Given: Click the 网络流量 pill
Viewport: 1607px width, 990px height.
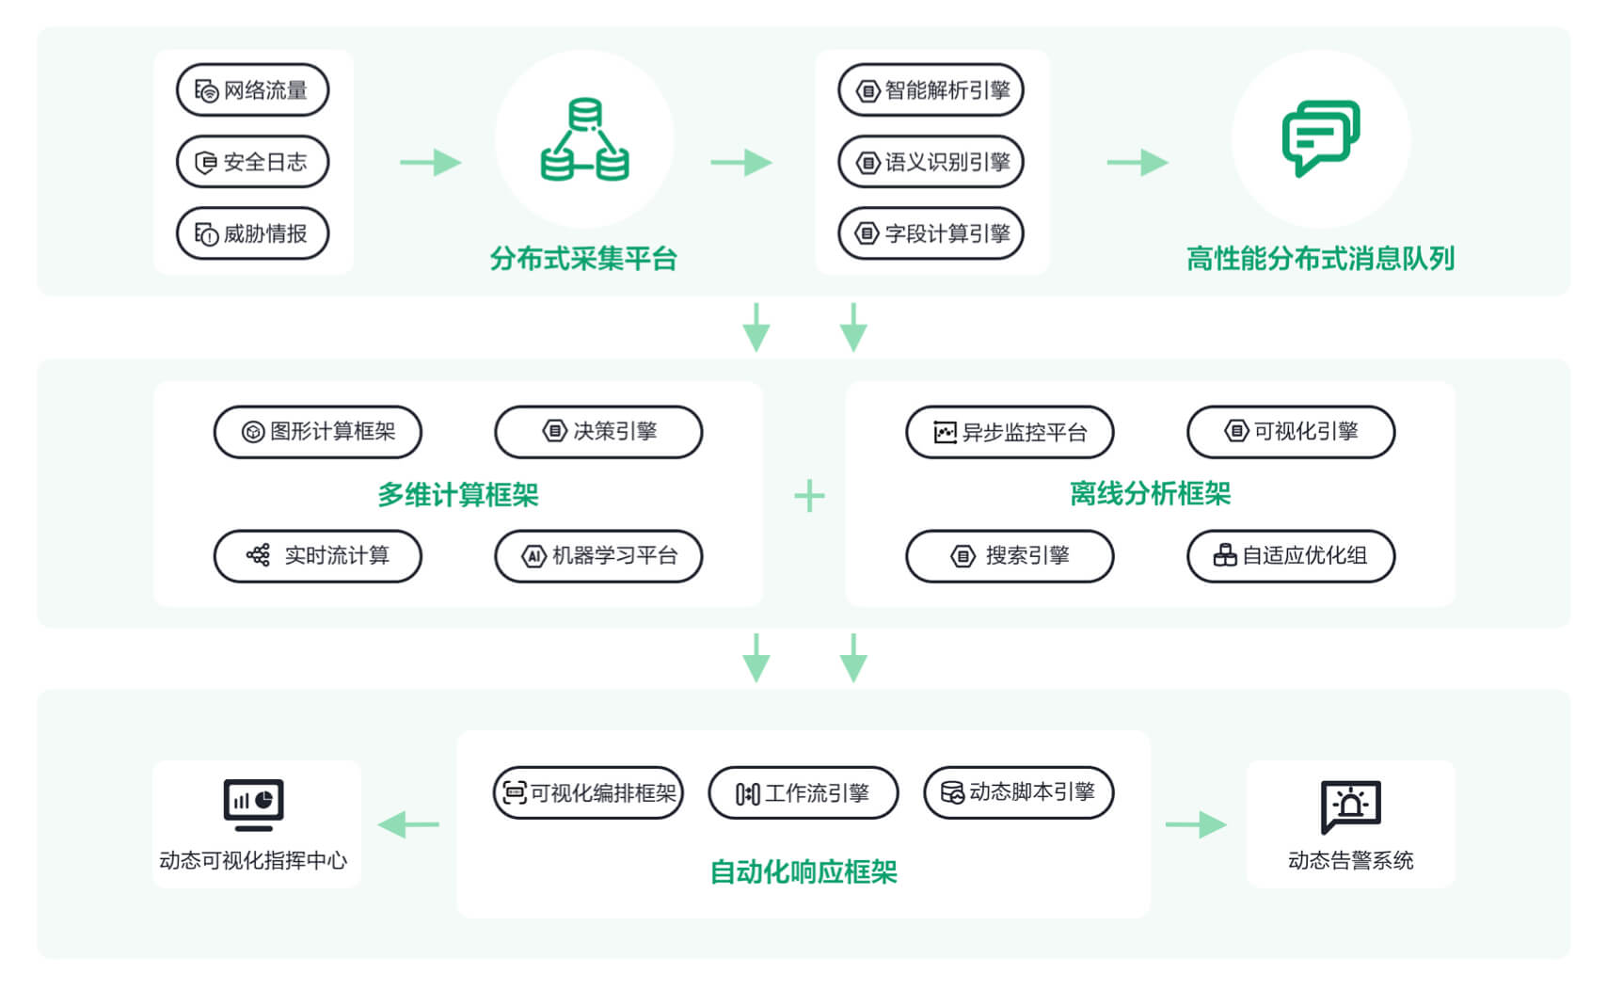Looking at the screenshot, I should tap(252, 90).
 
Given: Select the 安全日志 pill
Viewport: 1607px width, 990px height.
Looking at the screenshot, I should tap(252, 162).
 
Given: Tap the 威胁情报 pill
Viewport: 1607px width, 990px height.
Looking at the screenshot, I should tap(252, 233).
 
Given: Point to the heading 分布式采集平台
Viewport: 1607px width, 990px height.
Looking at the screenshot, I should tap(583, 259).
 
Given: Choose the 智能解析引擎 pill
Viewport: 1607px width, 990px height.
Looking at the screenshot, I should tap(931, 90).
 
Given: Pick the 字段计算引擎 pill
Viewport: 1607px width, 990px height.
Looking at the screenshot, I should tap(931, 233).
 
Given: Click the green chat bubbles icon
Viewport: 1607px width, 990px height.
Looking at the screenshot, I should tap(1321, 137).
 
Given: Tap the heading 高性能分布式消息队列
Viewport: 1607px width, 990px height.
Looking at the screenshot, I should tap(1320, 259).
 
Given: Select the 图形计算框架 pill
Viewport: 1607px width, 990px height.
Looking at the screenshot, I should tap(317, 432).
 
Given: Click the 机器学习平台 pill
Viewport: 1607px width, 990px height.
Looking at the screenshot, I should tap(598, 556).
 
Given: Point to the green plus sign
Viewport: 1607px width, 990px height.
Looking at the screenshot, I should tap(809, 496).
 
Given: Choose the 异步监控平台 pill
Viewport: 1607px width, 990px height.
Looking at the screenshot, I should tap(1010, 432).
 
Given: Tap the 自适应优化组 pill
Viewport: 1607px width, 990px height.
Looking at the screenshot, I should tap(1291, 556).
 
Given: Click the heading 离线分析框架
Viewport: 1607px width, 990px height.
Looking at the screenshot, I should tap(1150, 493).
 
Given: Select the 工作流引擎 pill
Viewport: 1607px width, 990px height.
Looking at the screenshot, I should tap(803, 793).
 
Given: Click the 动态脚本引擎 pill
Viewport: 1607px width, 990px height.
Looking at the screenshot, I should tap(1019, 793).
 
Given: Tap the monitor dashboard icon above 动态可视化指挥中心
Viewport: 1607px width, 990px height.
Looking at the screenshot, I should tap(253, 805).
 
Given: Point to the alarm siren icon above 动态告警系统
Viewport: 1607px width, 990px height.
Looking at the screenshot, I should tap(1350, 806).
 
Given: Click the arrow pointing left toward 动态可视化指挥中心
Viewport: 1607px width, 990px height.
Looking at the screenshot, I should tap(409, 825).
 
